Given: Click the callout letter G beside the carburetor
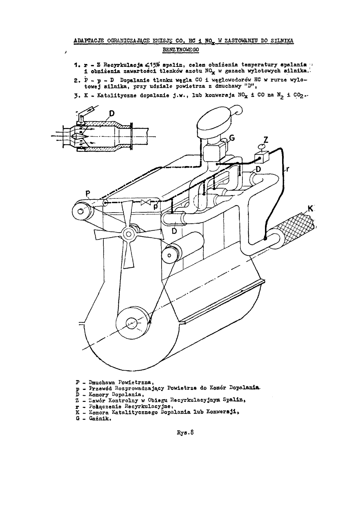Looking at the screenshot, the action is coord(232,138).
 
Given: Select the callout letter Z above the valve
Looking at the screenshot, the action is coord(266,140).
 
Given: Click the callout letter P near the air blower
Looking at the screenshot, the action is coord(87,193).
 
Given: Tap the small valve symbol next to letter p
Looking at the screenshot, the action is coord(145,203).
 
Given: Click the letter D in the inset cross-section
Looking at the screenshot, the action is coord(112,114).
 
